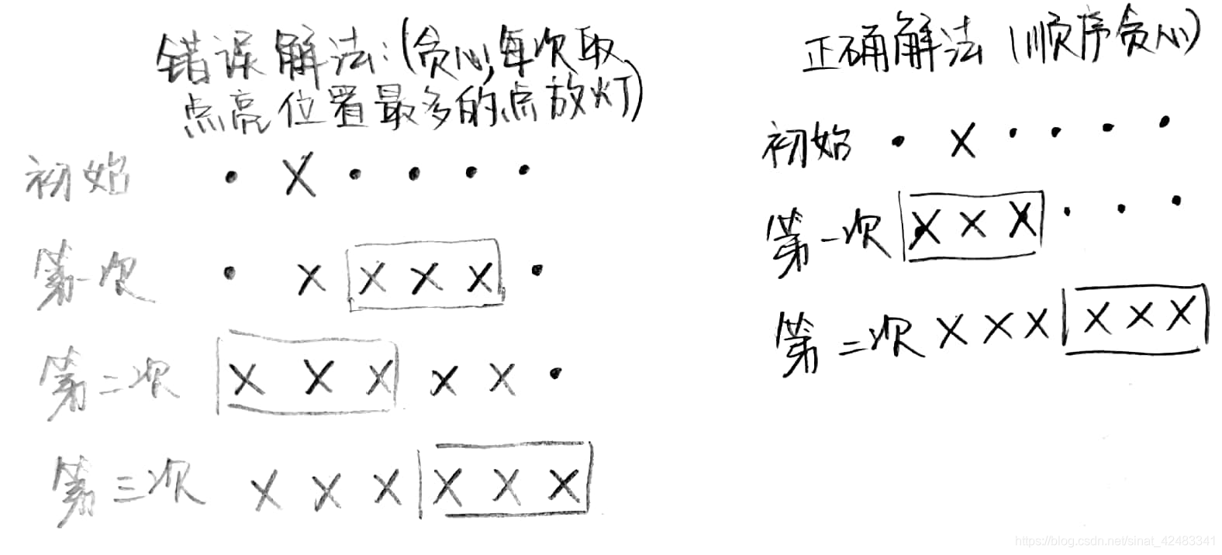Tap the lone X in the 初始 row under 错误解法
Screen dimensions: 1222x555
pos(299,177)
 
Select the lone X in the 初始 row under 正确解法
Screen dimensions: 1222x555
pos(962,143)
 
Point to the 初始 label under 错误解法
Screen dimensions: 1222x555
pos(78,178)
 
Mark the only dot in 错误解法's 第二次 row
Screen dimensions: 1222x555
pos(554,374)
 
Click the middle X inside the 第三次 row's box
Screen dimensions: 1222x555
pos(506,486)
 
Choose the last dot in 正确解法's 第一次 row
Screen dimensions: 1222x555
pos(1176,202)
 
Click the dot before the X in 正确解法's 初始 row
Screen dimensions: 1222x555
pos(899,142)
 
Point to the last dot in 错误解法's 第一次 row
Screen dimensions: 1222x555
pos(536,270)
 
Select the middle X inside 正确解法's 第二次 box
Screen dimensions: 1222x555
pos(1137,316)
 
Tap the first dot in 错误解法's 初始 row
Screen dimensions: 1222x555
pos(230,178)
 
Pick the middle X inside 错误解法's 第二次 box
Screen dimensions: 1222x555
pos(318,377)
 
